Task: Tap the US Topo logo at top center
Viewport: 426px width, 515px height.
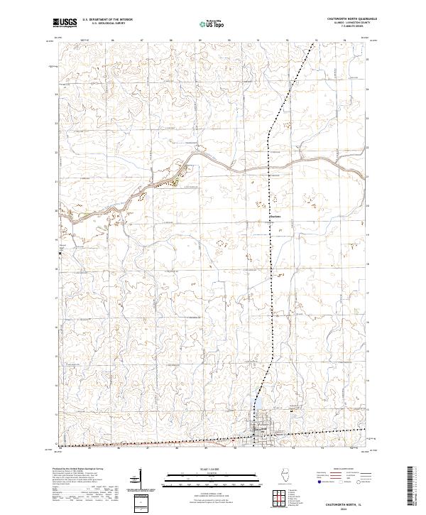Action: click(x=212, y=23)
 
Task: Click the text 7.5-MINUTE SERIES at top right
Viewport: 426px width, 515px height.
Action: click(x=352, y=28)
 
